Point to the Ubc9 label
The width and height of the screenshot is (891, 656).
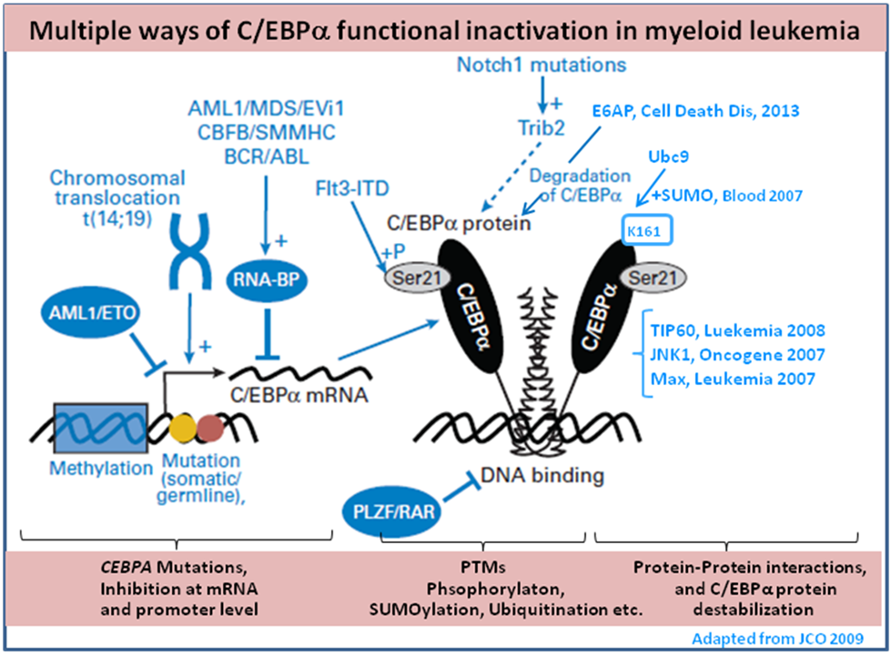pos(667,156)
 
